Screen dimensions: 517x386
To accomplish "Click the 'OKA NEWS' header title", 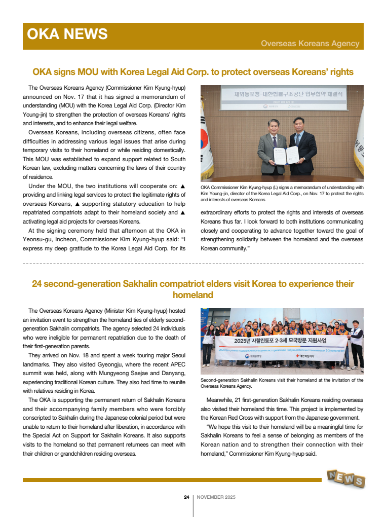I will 67,34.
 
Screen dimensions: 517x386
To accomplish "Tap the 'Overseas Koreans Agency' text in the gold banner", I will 310,44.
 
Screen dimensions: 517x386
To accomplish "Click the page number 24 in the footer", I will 186,497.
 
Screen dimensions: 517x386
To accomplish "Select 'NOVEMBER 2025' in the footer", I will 216,497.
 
